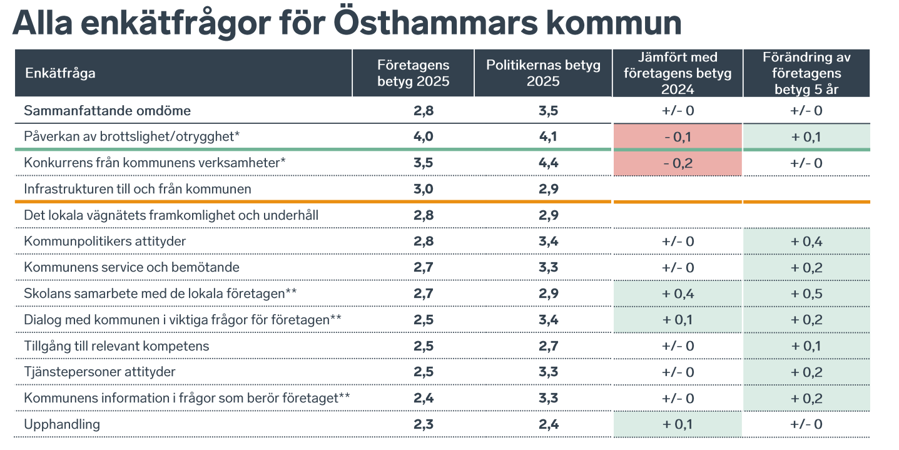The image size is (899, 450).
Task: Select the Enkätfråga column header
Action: pos(60,73)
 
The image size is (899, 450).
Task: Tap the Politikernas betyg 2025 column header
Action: pos(543,73)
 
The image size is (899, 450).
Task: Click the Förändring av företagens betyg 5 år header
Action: pos(806,73)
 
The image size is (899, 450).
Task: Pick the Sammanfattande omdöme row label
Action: pos(107,111)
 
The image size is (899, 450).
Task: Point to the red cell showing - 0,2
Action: pos(678,163)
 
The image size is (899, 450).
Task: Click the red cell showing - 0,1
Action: pos(678,137)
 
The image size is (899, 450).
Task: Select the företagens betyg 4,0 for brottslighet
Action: pos(423,137)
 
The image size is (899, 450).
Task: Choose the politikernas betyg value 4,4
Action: pos(547,163)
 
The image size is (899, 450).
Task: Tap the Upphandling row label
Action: pos(62,424)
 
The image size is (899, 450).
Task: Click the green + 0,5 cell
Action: pos(806,294)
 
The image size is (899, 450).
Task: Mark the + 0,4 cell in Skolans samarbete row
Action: pos(678,294)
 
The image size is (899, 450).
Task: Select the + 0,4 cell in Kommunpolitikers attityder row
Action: pos(806,242)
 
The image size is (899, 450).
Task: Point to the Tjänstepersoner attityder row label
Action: pos(99,372)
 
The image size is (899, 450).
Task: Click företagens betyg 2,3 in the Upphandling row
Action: pos(423,424)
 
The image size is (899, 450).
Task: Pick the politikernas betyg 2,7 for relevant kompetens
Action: pos(547,346)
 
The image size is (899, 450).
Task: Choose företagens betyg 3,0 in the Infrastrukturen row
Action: pos(423,189)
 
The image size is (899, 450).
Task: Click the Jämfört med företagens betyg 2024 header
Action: pos(678,73)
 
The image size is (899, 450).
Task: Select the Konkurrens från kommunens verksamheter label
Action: pos(155,163)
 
